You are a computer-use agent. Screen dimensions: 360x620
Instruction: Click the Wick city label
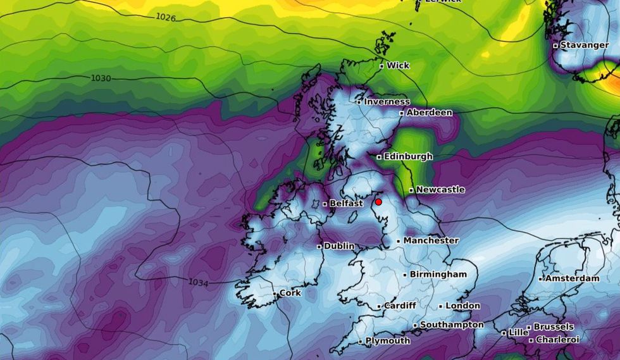coord(398,65)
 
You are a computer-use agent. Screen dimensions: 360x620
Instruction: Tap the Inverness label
coord(387,101)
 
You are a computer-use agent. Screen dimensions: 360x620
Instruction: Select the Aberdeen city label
coord(429,113)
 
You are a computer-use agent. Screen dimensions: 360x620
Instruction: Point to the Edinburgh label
coord(409,156)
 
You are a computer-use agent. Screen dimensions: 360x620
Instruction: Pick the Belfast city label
coord(346,203)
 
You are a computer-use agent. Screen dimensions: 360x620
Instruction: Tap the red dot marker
coord(378,202)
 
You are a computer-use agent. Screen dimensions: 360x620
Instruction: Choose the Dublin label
coord(339,246)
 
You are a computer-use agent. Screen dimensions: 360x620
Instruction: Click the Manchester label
coord(431,240)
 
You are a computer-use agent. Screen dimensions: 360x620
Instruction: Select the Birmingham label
coord(438,274)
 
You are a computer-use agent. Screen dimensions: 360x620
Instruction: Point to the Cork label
coord(290,293)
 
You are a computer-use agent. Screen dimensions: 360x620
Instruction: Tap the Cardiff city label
coord(400,306)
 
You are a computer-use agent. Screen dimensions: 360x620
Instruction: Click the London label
coord(463,306)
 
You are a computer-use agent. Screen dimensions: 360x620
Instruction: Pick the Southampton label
coord(452,325)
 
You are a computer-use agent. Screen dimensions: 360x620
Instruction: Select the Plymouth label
coord(388,340)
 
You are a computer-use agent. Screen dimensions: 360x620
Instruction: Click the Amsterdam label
coord(572,278)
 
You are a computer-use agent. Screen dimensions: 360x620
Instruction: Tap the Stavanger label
coord(584,45)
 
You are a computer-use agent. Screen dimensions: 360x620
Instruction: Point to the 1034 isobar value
coord(198,282)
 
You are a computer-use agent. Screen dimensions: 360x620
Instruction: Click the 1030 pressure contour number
coord(101,78)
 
